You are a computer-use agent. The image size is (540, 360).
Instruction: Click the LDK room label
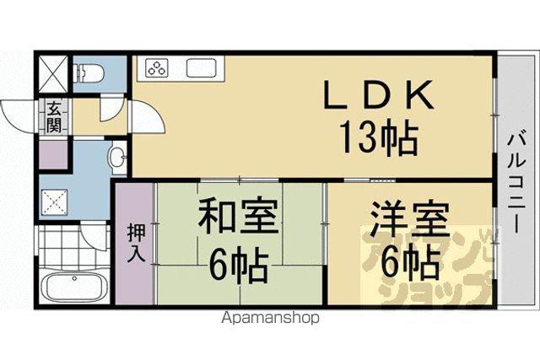pyautogui.click(x=378, y=94)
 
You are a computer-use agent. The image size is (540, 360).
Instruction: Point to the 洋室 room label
pyautogui.click(x=410, y=219)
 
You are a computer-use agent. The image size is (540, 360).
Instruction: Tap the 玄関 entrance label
pyautogui.click(x=54, y=116)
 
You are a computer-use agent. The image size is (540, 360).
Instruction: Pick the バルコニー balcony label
pyautogui.click(x=516, y=184)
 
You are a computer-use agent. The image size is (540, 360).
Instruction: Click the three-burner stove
pyautogui.click(x=158, y=67)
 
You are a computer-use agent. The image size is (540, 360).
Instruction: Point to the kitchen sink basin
pyautogui.click(x=201, y=67)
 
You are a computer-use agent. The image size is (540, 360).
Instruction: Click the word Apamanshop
pyautogui.click(x=270, y=318)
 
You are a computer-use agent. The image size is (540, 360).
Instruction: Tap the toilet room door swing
pyautogui.click(x=111, y=109)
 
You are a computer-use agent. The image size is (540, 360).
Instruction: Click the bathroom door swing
pyautogui.click(x=94, y=238)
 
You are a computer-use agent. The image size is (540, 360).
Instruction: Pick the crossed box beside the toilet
pyautogui.click(x=53, y=73)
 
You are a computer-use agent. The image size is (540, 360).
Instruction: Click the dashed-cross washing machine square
pyautogui.click(x=54, y=202)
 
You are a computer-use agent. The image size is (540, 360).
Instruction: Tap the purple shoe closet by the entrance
pyautogui.click(x=53, y=154)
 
